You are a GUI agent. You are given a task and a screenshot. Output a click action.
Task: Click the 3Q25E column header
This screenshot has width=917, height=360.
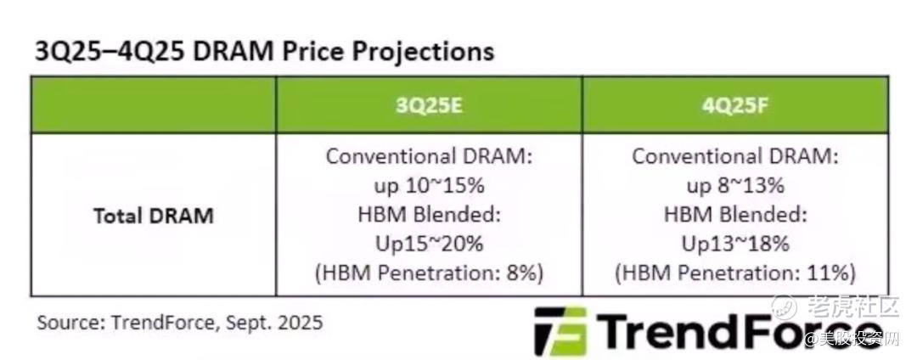tap(429, 105)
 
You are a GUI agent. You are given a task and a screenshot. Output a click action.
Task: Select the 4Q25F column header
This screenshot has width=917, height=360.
tap(735, 105)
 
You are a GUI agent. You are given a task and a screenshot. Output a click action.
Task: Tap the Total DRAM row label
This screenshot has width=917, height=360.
tap(153, 216)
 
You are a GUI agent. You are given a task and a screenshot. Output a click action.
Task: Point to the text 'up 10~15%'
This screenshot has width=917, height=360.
tap(430, 186)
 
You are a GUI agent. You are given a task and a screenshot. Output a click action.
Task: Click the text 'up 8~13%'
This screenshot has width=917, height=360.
tap(735, 186)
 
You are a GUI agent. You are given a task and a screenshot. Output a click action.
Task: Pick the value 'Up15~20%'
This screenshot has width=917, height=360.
tap(430, 243)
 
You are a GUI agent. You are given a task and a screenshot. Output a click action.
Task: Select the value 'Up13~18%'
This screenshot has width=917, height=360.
tap(735, 243)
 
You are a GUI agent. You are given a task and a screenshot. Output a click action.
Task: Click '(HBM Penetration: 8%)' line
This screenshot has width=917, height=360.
tap(430, 273)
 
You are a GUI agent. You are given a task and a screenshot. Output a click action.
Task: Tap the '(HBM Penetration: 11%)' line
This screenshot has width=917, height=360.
tap(735, 273)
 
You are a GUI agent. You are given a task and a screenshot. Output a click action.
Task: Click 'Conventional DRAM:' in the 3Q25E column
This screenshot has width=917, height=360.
tap(430, 156)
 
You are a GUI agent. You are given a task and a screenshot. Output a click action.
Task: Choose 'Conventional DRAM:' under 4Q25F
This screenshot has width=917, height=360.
tap(735, 156)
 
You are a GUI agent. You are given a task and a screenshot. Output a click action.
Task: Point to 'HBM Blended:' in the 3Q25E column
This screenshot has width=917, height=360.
tap(430, 215)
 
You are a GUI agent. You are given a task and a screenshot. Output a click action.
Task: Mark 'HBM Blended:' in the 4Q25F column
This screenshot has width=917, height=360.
tap(735, 215)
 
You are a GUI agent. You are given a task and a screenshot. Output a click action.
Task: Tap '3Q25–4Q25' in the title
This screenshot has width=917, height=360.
tap(110, 52)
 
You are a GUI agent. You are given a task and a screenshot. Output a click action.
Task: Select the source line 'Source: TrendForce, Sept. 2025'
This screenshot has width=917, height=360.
tap(179, 322)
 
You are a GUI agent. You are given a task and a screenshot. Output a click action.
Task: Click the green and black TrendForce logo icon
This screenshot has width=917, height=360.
tap(561, 331)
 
